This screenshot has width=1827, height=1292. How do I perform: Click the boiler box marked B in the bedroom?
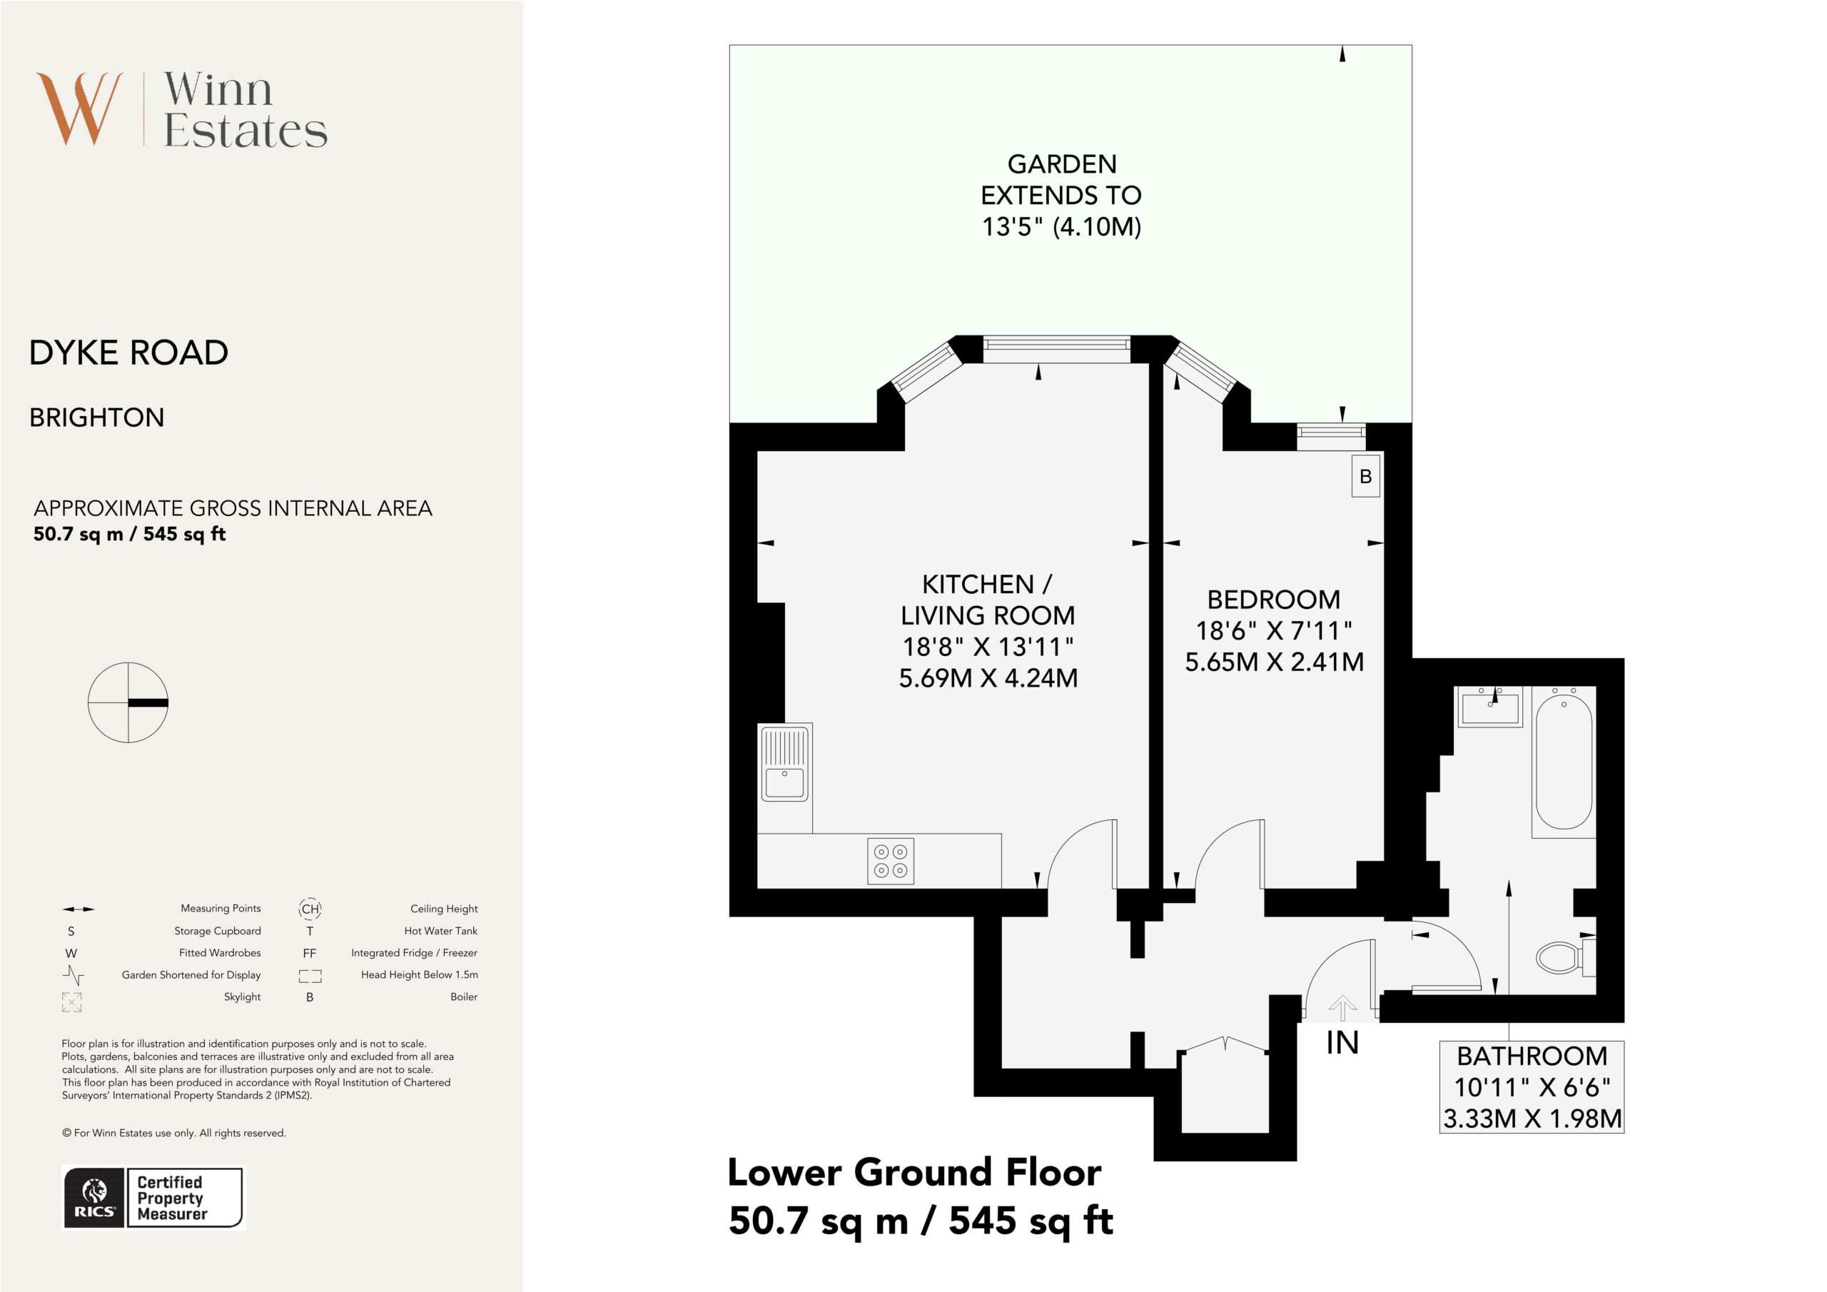1365,476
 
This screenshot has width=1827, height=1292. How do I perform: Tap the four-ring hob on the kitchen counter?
891,861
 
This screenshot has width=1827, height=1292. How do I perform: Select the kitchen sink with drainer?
784,765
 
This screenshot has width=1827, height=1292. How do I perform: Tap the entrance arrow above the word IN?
1342,1009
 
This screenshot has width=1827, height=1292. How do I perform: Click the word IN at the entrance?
1342,1043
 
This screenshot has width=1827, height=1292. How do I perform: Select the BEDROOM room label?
1273,600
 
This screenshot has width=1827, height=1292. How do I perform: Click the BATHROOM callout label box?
1532,1086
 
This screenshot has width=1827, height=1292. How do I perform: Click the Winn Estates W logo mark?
79,109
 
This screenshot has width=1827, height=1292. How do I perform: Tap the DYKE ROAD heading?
129,353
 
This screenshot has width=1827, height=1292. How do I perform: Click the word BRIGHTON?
97,418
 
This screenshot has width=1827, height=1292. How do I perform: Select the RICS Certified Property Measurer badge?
153,1198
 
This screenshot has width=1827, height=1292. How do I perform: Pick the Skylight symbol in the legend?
71,1001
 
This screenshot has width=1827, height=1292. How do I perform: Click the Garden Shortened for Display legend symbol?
74,975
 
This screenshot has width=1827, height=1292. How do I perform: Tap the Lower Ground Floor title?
914,1173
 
